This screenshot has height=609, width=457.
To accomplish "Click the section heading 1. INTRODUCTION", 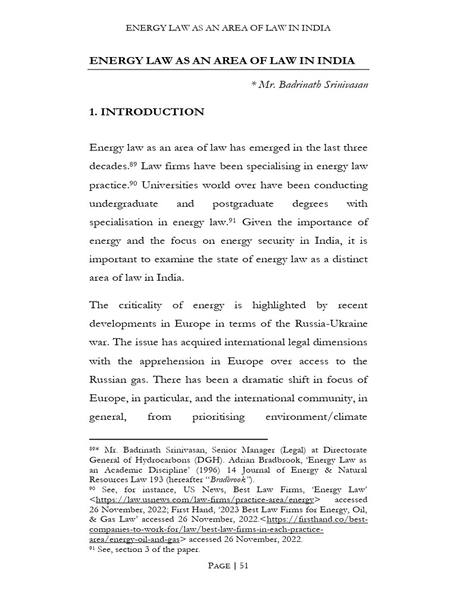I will pos(146,112).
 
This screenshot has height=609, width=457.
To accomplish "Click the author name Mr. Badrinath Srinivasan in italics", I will pos(314,85).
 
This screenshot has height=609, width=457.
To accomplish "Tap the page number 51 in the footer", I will pos(243,566).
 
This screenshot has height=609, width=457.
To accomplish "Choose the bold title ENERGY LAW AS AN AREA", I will pos(221,61).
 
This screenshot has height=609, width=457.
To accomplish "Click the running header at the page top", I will pos(228,28).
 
